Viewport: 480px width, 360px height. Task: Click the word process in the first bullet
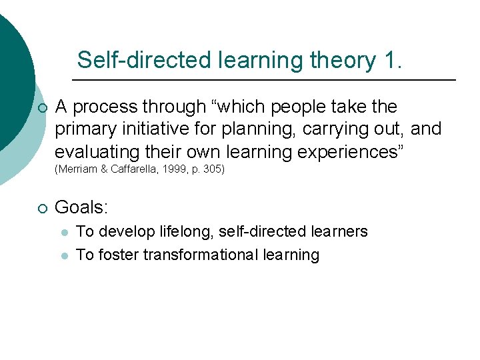click(104, 107)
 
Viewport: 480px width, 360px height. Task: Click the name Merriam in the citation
click(79, 169)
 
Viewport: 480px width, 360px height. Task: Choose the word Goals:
click(81, 207)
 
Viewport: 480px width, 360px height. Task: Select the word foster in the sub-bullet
click(114, 255)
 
